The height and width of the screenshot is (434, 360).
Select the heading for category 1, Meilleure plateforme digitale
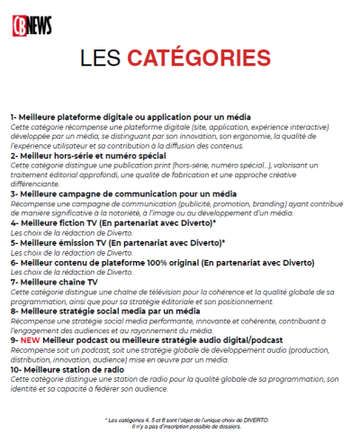(130, 118)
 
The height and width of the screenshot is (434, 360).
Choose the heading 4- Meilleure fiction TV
(112, 222)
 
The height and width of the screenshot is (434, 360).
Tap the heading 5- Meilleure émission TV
(117, 243)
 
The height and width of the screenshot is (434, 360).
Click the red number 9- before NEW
(15, 339)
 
